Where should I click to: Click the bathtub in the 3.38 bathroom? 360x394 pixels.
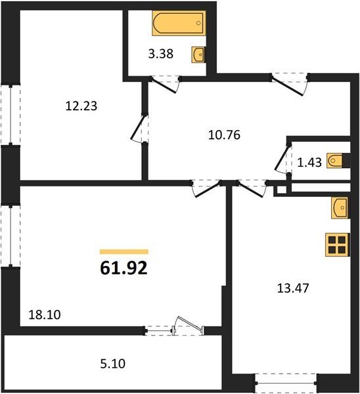coord(179,23)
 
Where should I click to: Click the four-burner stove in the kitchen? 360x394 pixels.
coord(338,245)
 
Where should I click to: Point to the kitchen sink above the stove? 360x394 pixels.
coord(340,208)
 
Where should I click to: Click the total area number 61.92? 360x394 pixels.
coord(124,268)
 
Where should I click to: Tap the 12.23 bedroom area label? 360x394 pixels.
coord(81,106)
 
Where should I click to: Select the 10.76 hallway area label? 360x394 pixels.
coord(224,135)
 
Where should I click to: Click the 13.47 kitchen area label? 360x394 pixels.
coord(293,288)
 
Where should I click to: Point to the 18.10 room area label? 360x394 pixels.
coord(45,315)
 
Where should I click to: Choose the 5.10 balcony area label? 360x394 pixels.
coord(112,364)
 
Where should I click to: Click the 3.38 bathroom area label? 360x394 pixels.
coord(161,54)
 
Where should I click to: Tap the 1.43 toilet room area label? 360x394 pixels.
coord(309,163)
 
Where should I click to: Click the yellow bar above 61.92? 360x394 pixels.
coord(124,252)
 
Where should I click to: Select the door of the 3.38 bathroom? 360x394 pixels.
coord(165,85)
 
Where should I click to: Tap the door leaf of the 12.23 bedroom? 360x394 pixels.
coord(138,127)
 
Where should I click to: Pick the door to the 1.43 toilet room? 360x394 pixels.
coord(282,158)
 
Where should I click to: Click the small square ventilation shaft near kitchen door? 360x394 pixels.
coord(282,190)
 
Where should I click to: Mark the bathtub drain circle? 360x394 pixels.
coord(198,23)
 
